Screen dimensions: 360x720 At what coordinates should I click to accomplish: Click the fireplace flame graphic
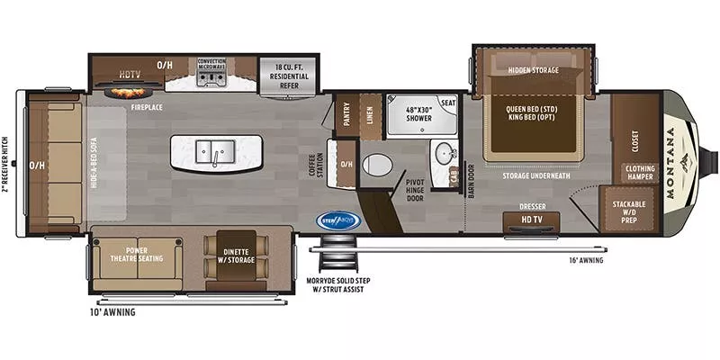click(129, 91)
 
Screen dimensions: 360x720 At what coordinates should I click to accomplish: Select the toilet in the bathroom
click(376, 166)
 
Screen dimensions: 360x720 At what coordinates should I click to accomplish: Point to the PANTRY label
click(346, 114)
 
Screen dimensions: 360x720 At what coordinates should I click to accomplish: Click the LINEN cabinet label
click(369, 114)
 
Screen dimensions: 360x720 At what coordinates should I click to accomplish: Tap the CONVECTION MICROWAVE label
click(211, 66)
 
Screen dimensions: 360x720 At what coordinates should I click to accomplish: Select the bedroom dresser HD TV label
click(532, 219)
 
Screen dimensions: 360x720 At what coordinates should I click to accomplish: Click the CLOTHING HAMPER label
click(640, 171)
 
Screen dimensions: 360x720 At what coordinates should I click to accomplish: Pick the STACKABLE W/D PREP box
click(631, 210)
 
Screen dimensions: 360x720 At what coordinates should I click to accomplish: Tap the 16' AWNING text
click(586, 261)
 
